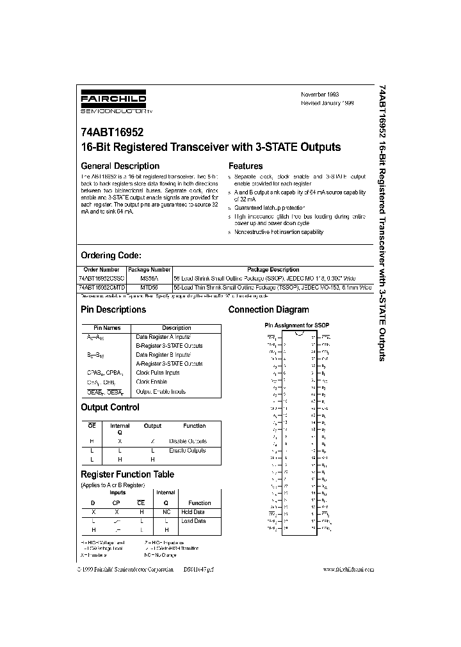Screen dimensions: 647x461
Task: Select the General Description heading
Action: coord(120,166)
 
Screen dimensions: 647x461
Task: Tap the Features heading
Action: coord(245,166)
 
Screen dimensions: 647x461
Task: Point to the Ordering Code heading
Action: coord(115,255)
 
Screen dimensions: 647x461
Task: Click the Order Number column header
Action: coord(102,270)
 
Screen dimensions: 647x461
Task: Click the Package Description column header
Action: coord(273,270)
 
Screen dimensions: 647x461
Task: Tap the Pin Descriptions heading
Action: coord(113,309)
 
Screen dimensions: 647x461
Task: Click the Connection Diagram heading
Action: coord(268,309)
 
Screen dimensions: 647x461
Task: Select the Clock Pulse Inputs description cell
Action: coord(158,372)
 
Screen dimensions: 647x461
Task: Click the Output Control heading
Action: coord(110,407)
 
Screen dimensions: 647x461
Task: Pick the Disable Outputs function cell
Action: coord(188,441)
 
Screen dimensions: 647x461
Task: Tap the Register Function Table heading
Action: coord(127,474)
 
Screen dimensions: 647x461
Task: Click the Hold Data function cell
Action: coord(193,512)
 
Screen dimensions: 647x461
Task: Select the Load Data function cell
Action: coord(193,521)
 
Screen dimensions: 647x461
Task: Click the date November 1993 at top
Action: coord(320,94)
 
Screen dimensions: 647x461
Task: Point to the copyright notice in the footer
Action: coord(127,569)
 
